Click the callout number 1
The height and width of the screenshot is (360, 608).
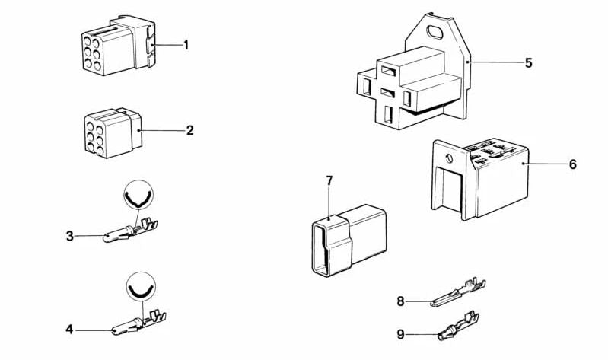point(186,45)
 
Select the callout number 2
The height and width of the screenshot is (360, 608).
point(189,130)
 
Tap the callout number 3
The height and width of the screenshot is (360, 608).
point(69,236)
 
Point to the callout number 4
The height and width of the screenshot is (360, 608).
point(69,330)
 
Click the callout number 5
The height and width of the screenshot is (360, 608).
point(528,62)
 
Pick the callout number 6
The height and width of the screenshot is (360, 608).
point(572,164)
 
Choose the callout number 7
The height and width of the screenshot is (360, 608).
point(329,180)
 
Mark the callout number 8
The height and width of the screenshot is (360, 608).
point(400,301)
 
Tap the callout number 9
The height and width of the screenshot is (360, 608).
point(400,333)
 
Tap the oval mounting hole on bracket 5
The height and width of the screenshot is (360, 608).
point(437,33)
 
